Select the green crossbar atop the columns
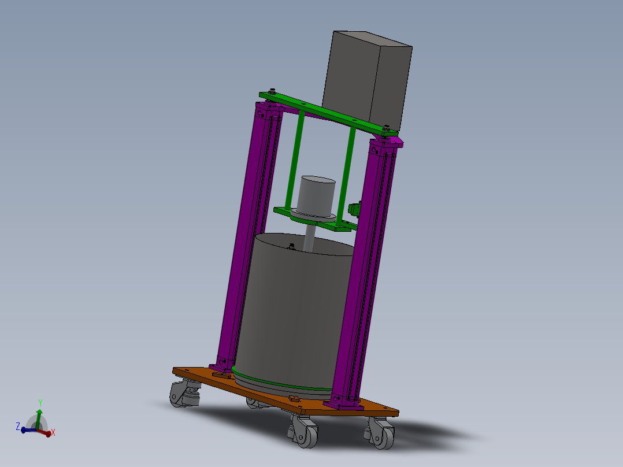point(328,113)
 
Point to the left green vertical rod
point(295,159)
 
